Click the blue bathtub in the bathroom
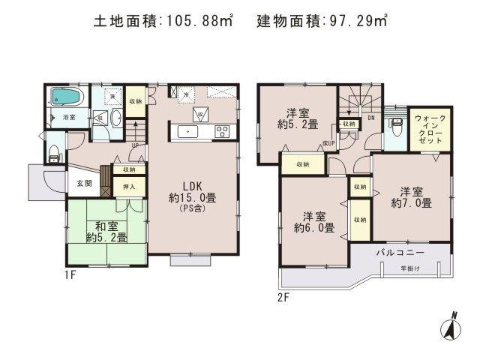[66, 97]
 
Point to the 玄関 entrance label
[81, 184]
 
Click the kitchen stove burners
[222, 132]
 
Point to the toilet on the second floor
[394, 130]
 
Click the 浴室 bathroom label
[68, 118]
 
